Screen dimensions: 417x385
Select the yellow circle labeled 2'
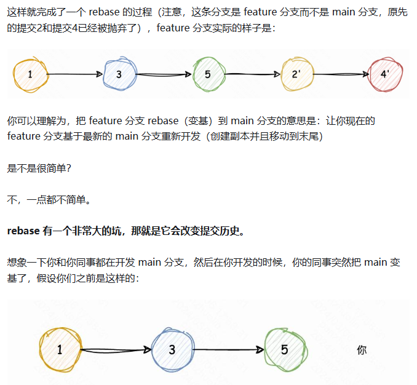point(297,74)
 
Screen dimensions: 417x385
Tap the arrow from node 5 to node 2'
point(253,74)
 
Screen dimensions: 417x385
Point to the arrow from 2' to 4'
point(341,74)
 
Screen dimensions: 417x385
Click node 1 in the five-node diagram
point(30,74)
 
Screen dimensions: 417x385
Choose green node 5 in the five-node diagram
point(208,74)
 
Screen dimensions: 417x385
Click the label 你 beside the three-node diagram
point(362,350)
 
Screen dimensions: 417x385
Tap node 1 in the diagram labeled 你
point(60,350)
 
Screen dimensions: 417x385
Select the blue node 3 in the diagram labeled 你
point(172,350)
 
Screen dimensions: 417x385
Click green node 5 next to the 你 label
point(284,350)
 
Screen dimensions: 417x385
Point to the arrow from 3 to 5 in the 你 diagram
point(228,350)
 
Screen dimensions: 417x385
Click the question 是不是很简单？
point(38,168)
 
